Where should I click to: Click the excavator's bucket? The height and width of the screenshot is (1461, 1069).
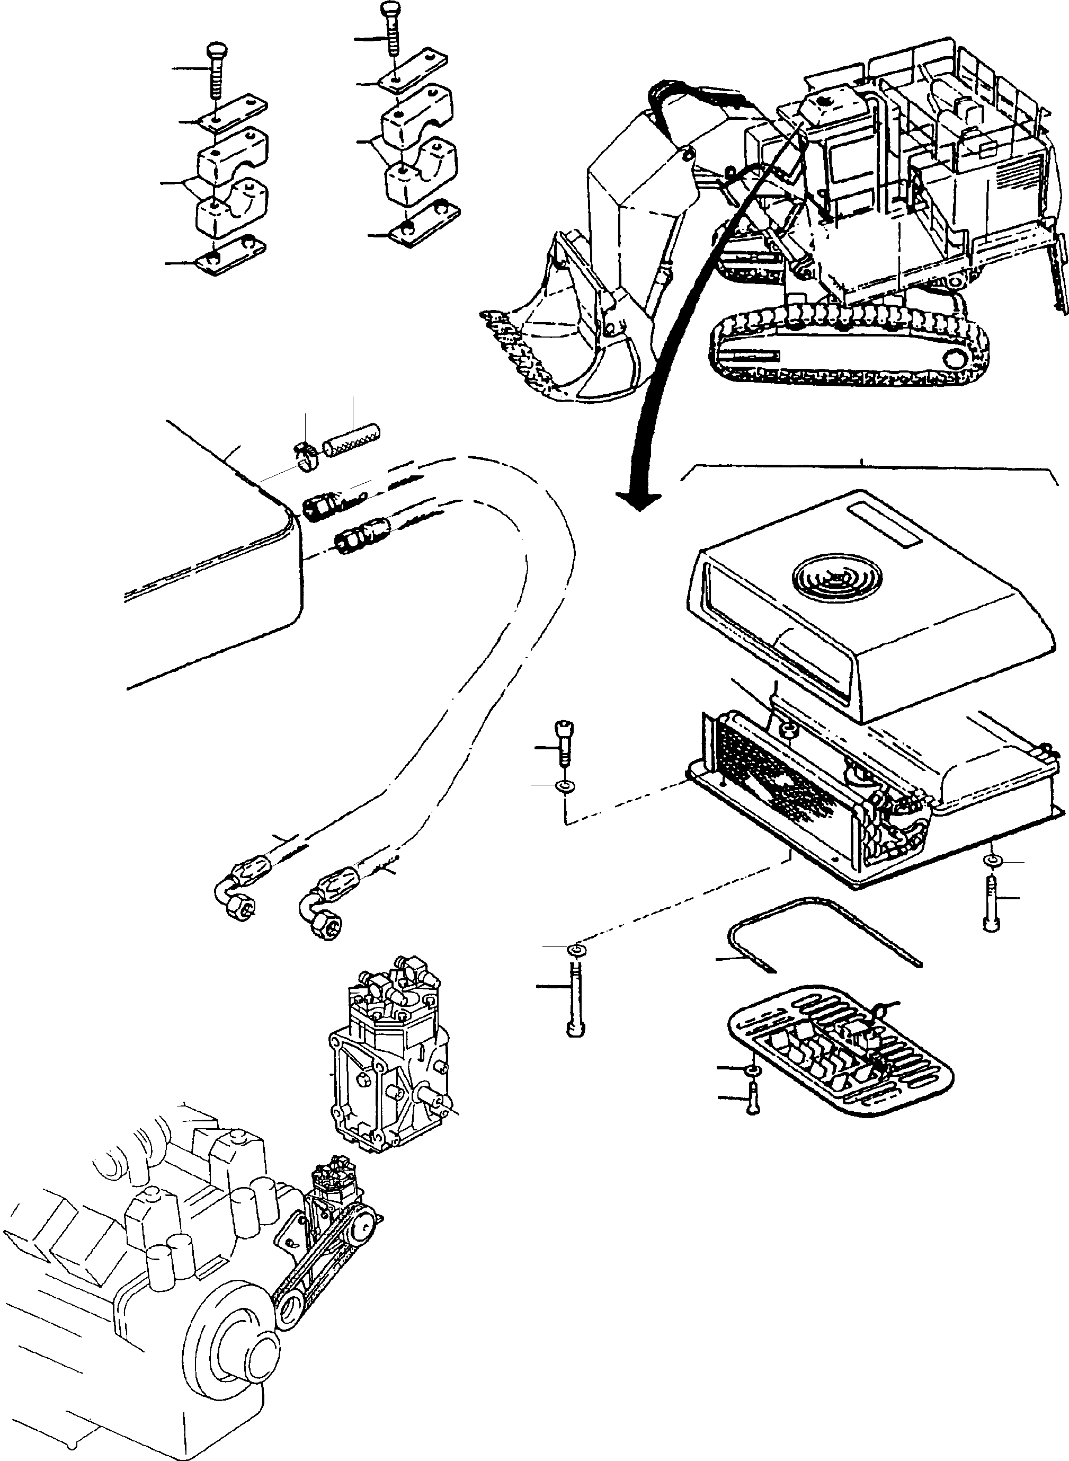[x=569, y=337]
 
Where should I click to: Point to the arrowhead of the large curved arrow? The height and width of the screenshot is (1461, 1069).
[x=639, y=500]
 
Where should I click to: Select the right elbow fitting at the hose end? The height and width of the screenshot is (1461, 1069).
[x=322, y=914]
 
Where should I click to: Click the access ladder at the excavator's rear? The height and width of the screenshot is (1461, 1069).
[x=1059, y=259]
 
